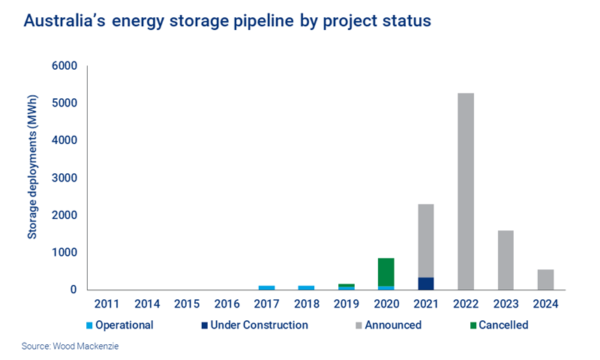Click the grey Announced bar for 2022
click(x=465, y=191)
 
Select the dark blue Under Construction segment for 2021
click(x=425, y=283)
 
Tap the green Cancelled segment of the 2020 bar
click(x=385, y=271)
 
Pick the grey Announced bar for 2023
click(x=505, y=259)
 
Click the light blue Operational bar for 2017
click(x=266, y=287)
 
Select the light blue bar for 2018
click(x=306, y=287)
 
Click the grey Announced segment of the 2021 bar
click(x=425, y=240)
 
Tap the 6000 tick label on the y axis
click(x=65, y=66)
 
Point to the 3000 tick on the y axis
click(x=65, y=178)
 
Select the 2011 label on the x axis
click(x=107, y=304)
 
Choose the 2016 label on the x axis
click(x=226, y=304)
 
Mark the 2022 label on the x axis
click(x=465, y=304)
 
